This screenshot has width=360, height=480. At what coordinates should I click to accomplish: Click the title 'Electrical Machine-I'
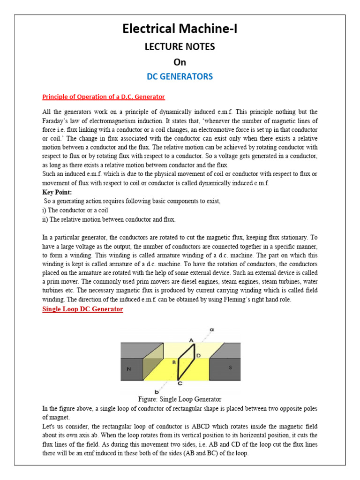pyautogui.click(x=180, y=30)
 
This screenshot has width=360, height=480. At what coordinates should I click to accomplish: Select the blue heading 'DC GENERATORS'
pyautogui.click(x=180, y=76)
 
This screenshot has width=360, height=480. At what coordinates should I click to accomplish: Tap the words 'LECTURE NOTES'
pyautogui.click(x=180, y=47)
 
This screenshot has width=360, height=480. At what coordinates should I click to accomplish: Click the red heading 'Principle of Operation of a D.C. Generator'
pyautogui.click(x=104, y=97)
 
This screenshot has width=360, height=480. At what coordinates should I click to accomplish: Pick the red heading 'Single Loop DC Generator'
pyautogui.click(x=82, y=309)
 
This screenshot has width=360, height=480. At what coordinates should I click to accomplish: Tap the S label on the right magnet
pyautogui.click(x=230, y=367)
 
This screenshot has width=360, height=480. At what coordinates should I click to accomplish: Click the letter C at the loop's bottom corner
pyautogui.click(x=180, y=383)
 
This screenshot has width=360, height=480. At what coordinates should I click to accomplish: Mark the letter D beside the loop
pyautogui.click(x=199, y=356)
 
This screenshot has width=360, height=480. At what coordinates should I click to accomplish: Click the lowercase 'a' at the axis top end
pyautogui.click(x=211, y=330)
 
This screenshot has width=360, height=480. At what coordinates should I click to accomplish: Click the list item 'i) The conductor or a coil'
pyautogui.click(x=75, y=210)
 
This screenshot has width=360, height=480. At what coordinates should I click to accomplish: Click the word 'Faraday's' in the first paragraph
pyautogui.click(x=55, y=121)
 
